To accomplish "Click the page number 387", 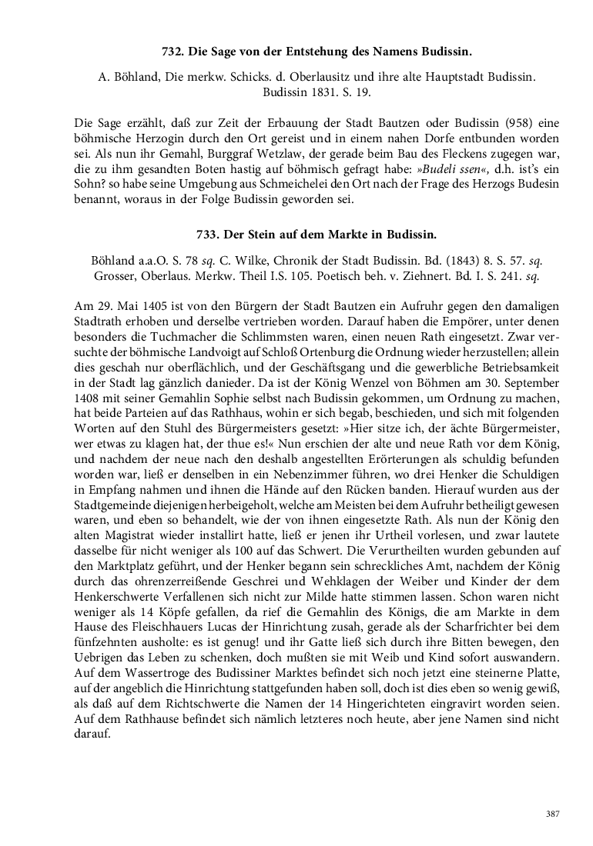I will (x=551, y=814).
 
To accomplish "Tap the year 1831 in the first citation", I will (x=307, y=92).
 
